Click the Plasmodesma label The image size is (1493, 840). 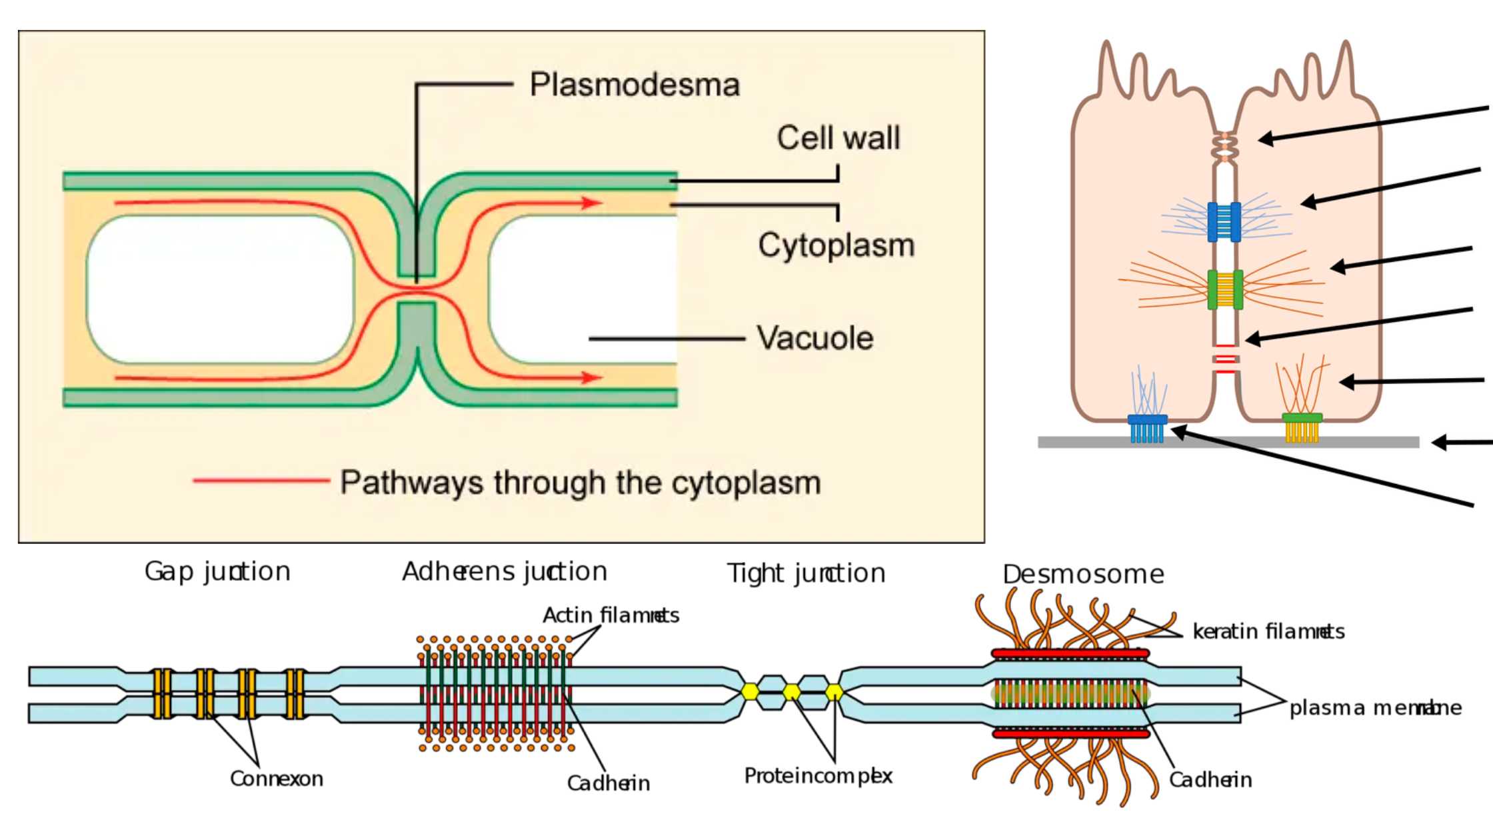634,85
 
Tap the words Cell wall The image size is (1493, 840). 838,138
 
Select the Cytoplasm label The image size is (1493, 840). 836,245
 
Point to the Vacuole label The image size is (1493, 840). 814,338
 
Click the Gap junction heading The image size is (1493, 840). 217,572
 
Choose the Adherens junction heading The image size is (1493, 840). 505,572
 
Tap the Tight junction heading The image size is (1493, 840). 806,573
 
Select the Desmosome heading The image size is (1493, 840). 1083,575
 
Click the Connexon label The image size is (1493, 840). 277,779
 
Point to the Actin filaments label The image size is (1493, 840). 611,615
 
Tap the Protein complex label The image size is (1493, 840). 818,776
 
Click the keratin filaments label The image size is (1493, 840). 1268,631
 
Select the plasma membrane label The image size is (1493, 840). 1375,708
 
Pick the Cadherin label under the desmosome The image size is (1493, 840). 1210,780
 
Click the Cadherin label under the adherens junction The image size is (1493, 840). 608,783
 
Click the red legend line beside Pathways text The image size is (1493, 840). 261,480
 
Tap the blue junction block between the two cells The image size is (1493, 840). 1224,221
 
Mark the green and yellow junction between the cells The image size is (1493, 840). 1225,289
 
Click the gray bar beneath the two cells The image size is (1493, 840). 1228,442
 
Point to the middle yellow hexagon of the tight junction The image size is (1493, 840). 792,692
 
